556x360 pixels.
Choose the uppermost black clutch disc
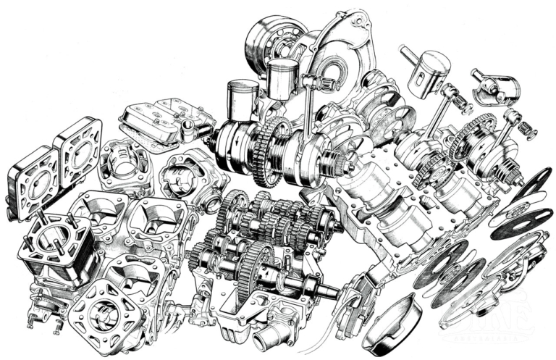532,180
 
